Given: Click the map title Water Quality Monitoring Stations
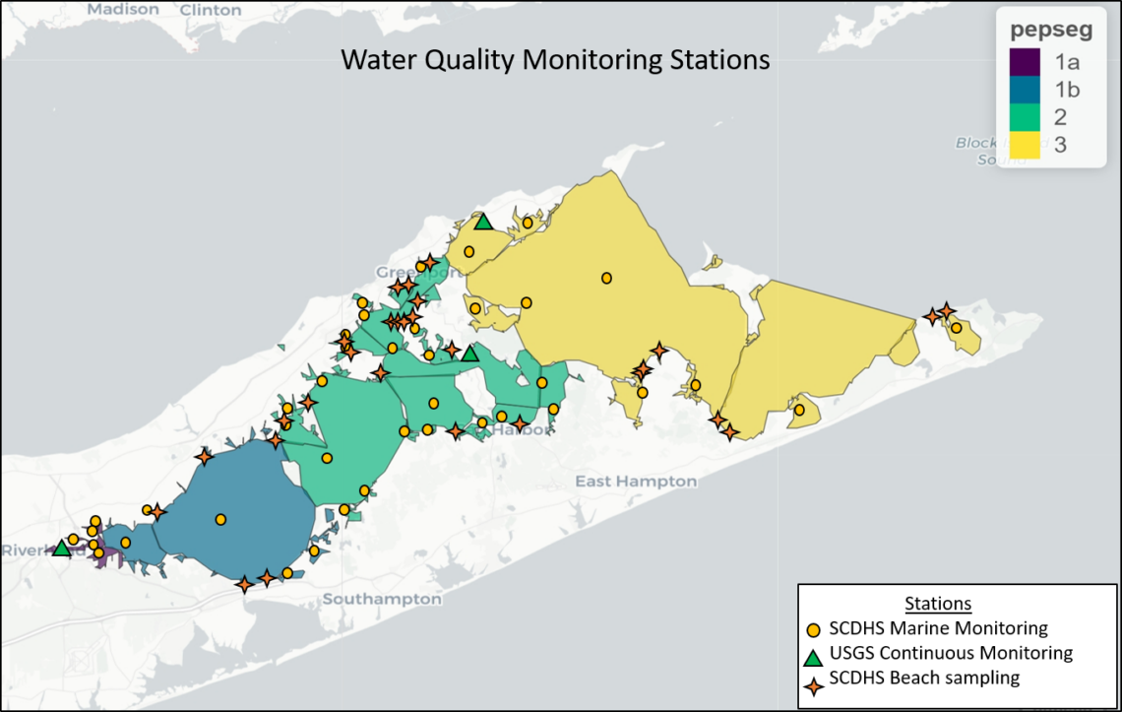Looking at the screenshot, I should (555, 59).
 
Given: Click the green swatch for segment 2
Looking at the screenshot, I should (1024, 117).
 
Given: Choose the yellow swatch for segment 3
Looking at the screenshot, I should (1024, 146).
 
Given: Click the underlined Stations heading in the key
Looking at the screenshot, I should (938, 603).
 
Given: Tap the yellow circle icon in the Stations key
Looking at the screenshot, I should (814, 628).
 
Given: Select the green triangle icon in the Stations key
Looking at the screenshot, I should (814, 653).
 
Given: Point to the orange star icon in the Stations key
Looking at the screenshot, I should (814, 678).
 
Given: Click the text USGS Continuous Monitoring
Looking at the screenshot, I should (951, 653).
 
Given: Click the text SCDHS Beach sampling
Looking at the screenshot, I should (924, 678).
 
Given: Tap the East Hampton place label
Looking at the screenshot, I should (636, 482).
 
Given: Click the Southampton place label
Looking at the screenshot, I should (382, 599).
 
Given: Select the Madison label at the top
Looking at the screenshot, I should (122, 9).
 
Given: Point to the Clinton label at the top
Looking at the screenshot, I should (209, 10).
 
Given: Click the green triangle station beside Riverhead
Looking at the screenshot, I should (61, 549).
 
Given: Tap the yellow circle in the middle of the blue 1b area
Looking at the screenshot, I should (220, 519).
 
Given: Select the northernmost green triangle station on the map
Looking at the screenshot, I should (482, 222).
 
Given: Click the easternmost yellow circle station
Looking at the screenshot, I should (956, 328).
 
